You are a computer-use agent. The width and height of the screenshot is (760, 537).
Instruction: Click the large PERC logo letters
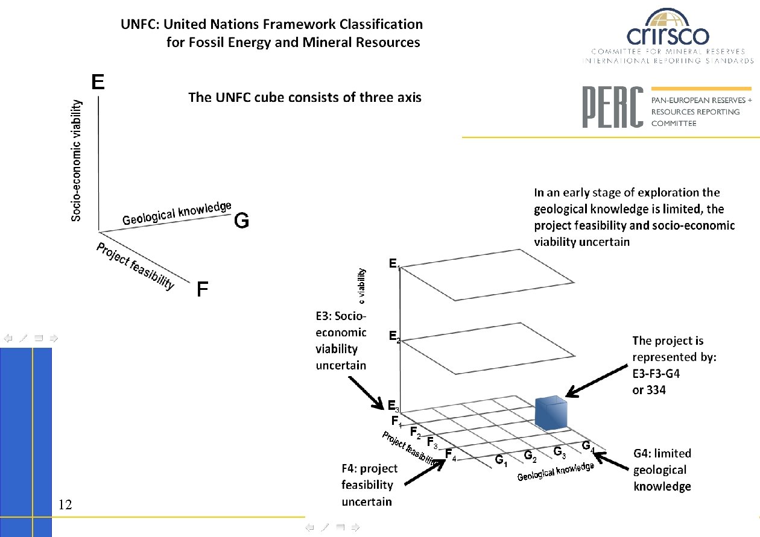tap(612, 107)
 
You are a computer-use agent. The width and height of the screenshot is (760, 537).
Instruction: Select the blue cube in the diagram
tap(551, 413)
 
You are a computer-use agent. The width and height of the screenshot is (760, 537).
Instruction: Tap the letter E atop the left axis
tap(98, 82)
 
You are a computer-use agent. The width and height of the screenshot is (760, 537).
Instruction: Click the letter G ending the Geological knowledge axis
tap(241, 222)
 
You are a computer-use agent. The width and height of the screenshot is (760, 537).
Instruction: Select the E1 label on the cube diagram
tap(394, 264)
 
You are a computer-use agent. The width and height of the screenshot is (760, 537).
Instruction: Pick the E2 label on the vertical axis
tap(394, 336)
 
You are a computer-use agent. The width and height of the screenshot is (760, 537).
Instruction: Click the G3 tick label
tap(559, 452)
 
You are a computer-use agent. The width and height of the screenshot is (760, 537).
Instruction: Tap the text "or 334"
tap(649, 390)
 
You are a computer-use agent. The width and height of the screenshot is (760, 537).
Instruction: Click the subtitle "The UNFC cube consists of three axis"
tap(305, 96)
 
